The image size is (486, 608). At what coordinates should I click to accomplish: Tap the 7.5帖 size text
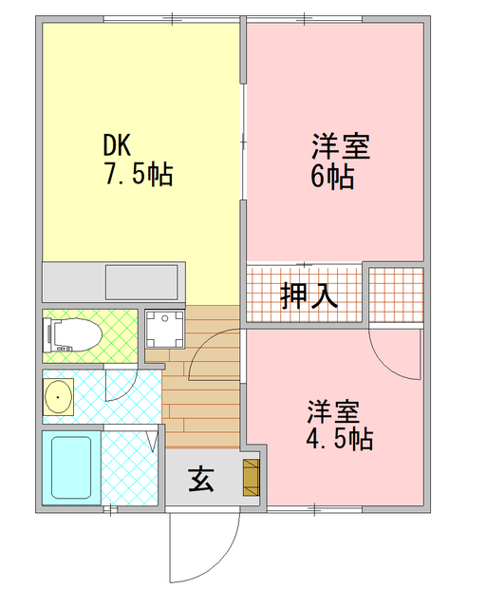(139, 175)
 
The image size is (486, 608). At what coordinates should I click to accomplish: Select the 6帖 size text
(333, 178)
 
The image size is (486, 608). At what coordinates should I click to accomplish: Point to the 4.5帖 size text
(338, 439)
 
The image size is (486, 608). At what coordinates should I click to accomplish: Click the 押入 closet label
(309, 295)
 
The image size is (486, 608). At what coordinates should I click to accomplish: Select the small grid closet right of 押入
(395, 294)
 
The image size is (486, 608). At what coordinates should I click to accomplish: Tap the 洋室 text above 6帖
(340, 148)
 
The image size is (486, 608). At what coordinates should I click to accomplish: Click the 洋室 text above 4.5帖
(333, 412)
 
